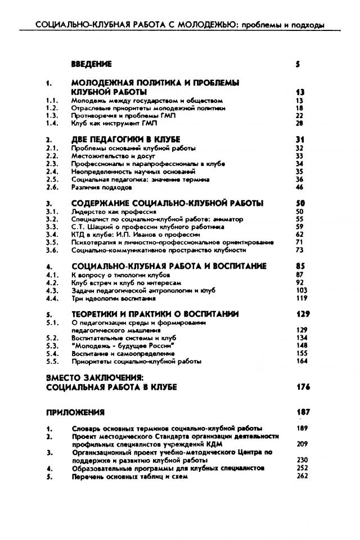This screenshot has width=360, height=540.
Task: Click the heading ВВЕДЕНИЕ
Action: [92, 64]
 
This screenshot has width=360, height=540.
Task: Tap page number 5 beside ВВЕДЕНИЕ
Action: [297, 64]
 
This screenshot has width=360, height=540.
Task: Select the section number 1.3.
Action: [52, 115]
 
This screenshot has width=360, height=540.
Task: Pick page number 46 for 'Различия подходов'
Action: [299, 187]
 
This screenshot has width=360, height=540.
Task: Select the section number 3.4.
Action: [52, 234]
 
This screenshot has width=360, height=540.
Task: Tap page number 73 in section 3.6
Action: [299, 250]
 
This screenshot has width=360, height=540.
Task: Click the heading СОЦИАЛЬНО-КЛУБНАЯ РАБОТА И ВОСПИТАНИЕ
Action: [169, 265]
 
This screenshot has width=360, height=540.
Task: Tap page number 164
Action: [301, 361]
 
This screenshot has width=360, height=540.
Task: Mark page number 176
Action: [303, 387]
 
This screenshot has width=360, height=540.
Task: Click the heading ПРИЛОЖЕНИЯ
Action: [75, 412]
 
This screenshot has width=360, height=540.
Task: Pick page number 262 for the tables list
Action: [301, 476]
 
